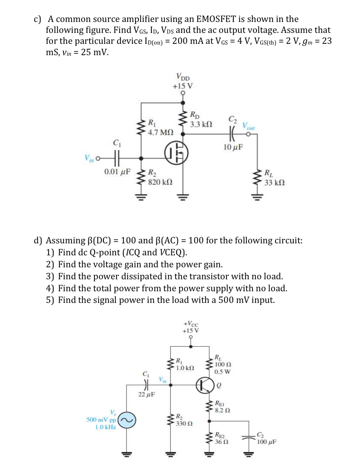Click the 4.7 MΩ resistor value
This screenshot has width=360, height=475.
click(161, 132)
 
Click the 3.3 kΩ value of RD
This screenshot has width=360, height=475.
click(201, 124)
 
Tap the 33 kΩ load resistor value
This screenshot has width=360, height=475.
click(275, 183)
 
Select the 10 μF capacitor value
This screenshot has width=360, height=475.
click(233, 147)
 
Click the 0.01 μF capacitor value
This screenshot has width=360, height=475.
click(117, 172)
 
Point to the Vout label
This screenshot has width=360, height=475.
click(249, 126)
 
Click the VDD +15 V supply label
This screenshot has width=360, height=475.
click(183, 81)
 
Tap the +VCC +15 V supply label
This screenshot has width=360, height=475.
click(191, 327)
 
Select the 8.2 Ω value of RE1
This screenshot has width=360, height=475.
click(222, 410)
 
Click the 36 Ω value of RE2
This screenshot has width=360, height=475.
click(222, 442)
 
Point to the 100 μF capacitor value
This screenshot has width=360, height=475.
click(267, 442)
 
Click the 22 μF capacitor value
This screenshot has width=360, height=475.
click(146, 395)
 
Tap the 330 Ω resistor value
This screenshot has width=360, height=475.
click(184, 424)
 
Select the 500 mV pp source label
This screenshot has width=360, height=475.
click(101, 420)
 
